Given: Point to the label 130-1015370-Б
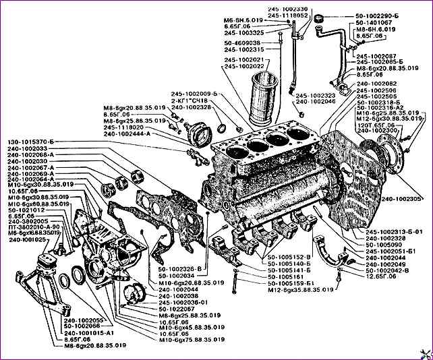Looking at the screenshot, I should point(34,141).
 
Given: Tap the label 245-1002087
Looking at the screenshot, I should point(377,56).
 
